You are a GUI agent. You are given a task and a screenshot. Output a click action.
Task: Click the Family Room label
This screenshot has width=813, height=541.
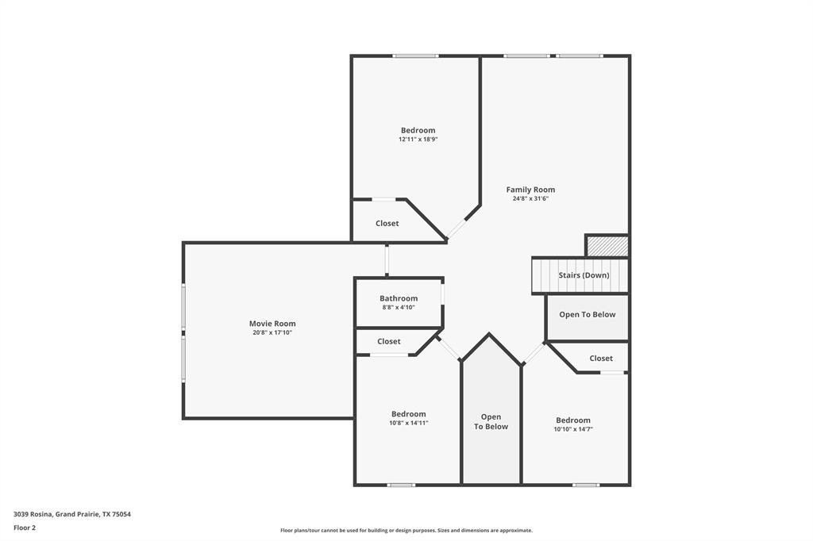[530, 190]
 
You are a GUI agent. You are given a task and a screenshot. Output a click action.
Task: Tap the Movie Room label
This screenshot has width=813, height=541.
[272, 324]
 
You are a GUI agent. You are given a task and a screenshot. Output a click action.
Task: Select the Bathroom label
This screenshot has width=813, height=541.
[398, 298]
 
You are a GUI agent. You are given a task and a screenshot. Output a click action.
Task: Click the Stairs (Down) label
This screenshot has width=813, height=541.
[584, 275]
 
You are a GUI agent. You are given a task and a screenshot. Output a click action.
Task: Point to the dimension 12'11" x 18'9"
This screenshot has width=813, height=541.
[418, 140]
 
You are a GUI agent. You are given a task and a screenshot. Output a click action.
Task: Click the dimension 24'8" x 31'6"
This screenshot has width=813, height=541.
[530, 199]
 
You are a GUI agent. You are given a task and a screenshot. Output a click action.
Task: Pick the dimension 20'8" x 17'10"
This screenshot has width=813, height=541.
[272, 333]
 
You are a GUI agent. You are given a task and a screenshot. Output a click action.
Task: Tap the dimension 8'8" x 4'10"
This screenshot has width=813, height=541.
[398, 308]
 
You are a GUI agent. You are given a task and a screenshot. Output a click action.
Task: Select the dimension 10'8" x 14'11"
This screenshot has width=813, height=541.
[408, 424]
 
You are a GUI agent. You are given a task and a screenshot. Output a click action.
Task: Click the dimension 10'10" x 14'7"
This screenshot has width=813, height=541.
[573, 429]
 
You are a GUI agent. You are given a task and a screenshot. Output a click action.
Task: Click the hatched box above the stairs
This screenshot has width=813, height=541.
[607, 246]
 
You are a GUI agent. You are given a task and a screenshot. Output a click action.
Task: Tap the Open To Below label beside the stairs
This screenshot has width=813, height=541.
[587, 315]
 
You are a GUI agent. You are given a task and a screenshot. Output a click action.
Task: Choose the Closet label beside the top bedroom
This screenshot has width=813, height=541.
[387, 224]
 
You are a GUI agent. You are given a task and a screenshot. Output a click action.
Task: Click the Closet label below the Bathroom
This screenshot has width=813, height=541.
[389, 342]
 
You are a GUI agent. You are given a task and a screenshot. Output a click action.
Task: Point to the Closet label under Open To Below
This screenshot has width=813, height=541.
[601, 359]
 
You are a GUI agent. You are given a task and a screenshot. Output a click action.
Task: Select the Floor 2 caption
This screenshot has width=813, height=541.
[25, 528]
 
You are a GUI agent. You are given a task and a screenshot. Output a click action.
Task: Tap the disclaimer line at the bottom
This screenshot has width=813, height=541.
[406, 531]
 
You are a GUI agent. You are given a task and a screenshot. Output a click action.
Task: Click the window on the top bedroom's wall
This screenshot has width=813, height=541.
[415, 56]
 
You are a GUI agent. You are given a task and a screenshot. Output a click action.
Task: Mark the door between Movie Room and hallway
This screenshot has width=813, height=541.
[387, 259]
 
